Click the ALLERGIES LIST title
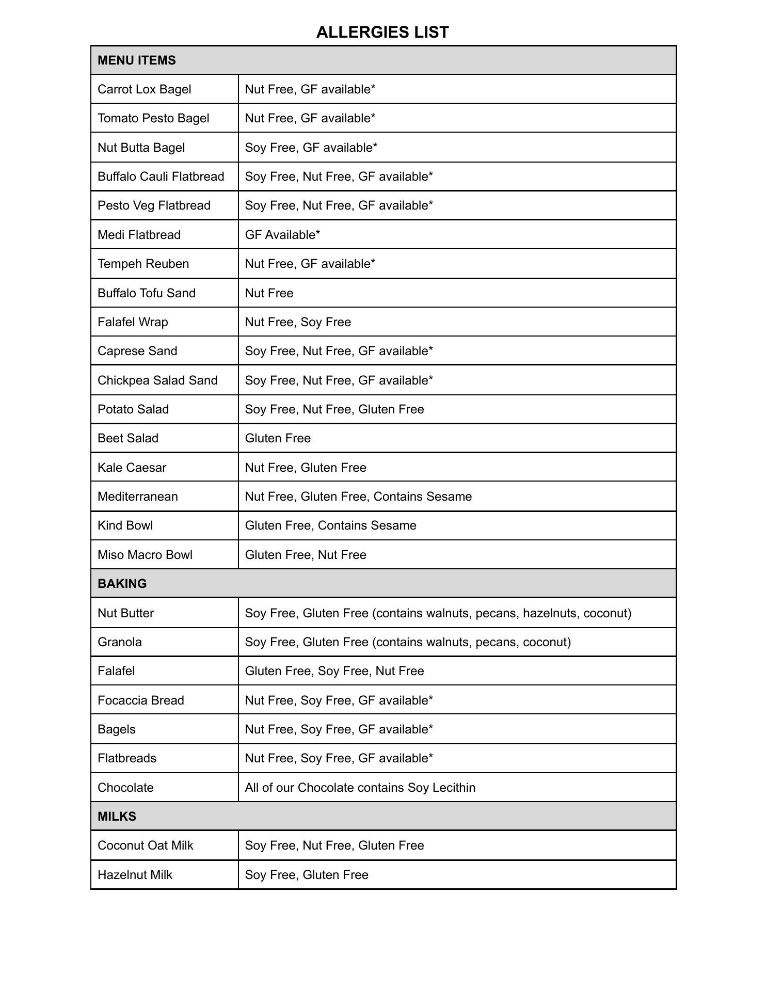(x=382, y=32)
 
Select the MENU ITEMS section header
(x=137, y=60)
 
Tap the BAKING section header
(x=122, y=584)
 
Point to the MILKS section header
(x=117, y=817)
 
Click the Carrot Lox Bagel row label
(x=145, y=89)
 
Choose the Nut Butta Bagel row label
(x=141, y=148)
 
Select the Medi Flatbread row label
(x=139, y=235)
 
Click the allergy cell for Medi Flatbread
(x=282, y=235)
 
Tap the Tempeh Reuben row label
(x=143, y=264)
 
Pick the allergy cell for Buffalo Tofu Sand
(x=269, y=293)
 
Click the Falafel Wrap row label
(x=133, y=322)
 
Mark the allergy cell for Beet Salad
(x=278, y=438)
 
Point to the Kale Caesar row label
(x=132, y=468)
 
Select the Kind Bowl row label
(x=125, y=525)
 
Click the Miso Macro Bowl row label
(x=145, y=555)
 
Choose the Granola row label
(x=120, y=642)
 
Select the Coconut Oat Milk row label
(x=146, y=845)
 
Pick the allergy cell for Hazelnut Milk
(x=307, y=875)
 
